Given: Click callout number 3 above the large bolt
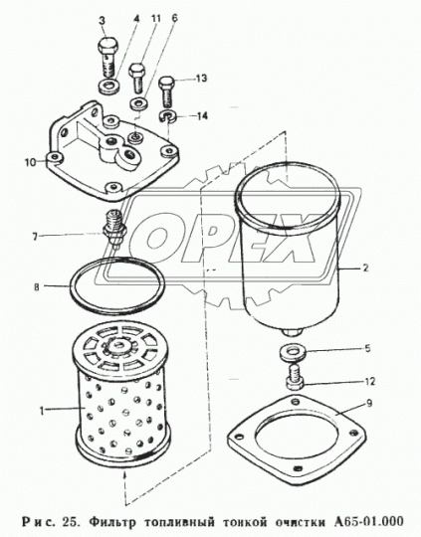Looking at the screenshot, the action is pos(102,21).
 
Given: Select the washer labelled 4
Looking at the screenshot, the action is pos(109,86).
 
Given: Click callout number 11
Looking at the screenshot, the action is pos(155,19).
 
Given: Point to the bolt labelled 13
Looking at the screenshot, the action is pos(166,90).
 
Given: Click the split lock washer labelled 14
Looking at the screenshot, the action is pos(167,115).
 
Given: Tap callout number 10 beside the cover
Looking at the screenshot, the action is pos(30,162).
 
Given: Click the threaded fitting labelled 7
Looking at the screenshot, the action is pos(113,229).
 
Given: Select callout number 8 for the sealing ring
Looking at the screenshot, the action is pos(37,286).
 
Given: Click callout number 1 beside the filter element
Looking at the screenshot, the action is pos(42,411).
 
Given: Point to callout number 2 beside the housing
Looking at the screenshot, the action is pos(365,268).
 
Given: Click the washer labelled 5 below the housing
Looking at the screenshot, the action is pos(292,353).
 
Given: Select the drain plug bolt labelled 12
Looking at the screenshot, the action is pos(295,378).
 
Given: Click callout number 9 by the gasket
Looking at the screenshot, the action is pos(369,404).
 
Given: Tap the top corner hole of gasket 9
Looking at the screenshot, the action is pos(295,401).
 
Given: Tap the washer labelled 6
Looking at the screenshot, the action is pos(138,102).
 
